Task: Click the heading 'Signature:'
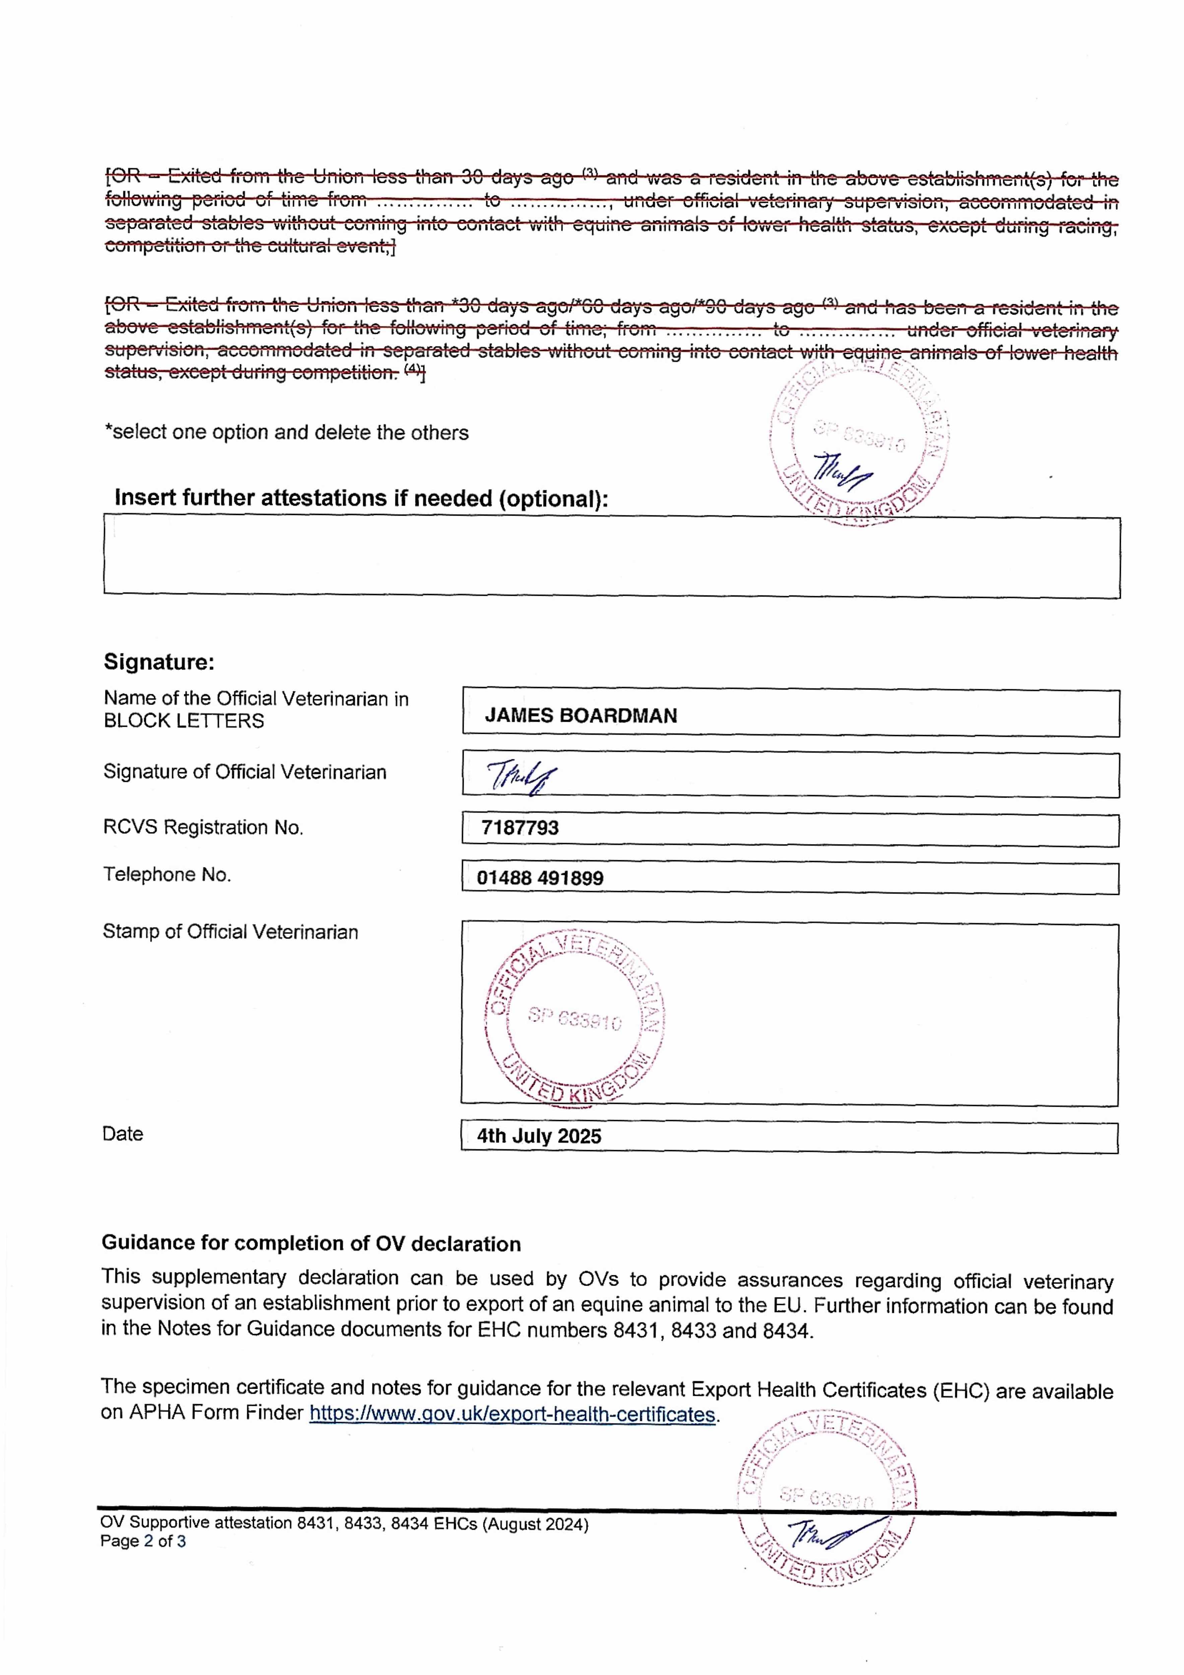(159, 662)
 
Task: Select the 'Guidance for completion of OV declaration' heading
(311, 1243)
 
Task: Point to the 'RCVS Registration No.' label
(203, 827)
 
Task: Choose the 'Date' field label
(123, 1134)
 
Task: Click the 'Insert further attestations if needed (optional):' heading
(361, 498)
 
